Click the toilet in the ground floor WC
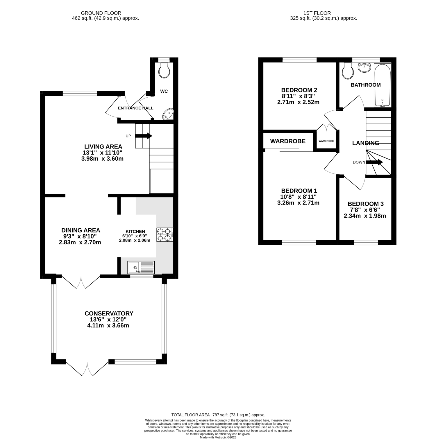point(164,70)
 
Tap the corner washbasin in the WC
point(168,114)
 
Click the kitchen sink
point(141,267)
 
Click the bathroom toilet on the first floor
point(348,71)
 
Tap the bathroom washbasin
point(364,67)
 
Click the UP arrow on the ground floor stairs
point(144,136)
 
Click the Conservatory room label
point(109,313)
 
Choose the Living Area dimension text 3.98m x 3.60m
point(103,159)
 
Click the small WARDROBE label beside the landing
point(326,141)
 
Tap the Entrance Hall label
point(135,108)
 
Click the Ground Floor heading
point(101,13)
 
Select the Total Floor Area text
point(218,415)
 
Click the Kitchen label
point(135,232)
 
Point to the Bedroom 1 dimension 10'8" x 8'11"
point(298,197)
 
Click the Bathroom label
point(366,85)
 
